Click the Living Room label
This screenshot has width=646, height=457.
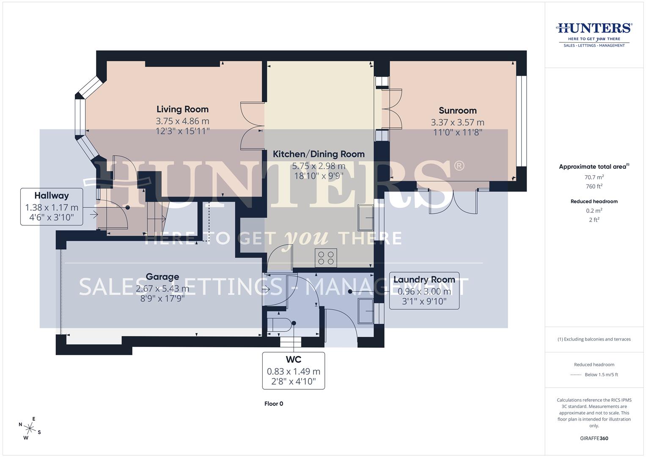click(182, 109)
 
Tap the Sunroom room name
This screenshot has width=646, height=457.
click(457, 110)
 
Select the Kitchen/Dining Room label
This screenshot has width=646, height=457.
click(319, 154)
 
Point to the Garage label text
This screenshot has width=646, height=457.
click(162, 277)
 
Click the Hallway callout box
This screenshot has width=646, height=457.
click(52, 206)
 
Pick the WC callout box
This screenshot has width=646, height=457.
click(294, 371)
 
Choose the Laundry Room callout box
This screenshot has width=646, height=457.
click(424, 291)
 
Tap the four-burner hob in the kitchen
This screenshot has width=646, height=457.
click(326, 258)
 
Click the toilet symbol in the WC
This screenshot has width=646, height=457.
click(280, 325)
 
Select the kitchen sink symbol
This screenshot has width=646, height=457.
click(366, 218)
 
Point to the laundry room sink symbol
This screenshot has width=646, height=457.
click(366, 311)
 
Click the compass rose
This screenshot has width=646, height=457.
click(30, 428)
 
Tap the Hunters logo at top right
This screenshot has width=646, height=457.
click(594, 35)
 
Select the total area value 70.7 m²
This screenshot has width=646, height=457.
click(594, 177)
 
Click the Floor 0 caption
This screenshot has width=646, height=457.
click(274, 404)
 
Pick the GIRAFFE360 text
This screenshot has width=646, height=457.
click(594, 438)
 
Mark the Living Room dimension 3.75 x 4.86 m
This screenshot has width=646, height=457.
click(182, 121)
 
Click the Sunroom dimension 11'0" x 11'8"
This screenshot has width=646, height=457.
click(458, 132)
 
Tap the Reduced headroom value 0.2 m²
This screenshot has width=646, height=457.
click(594, 211)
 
